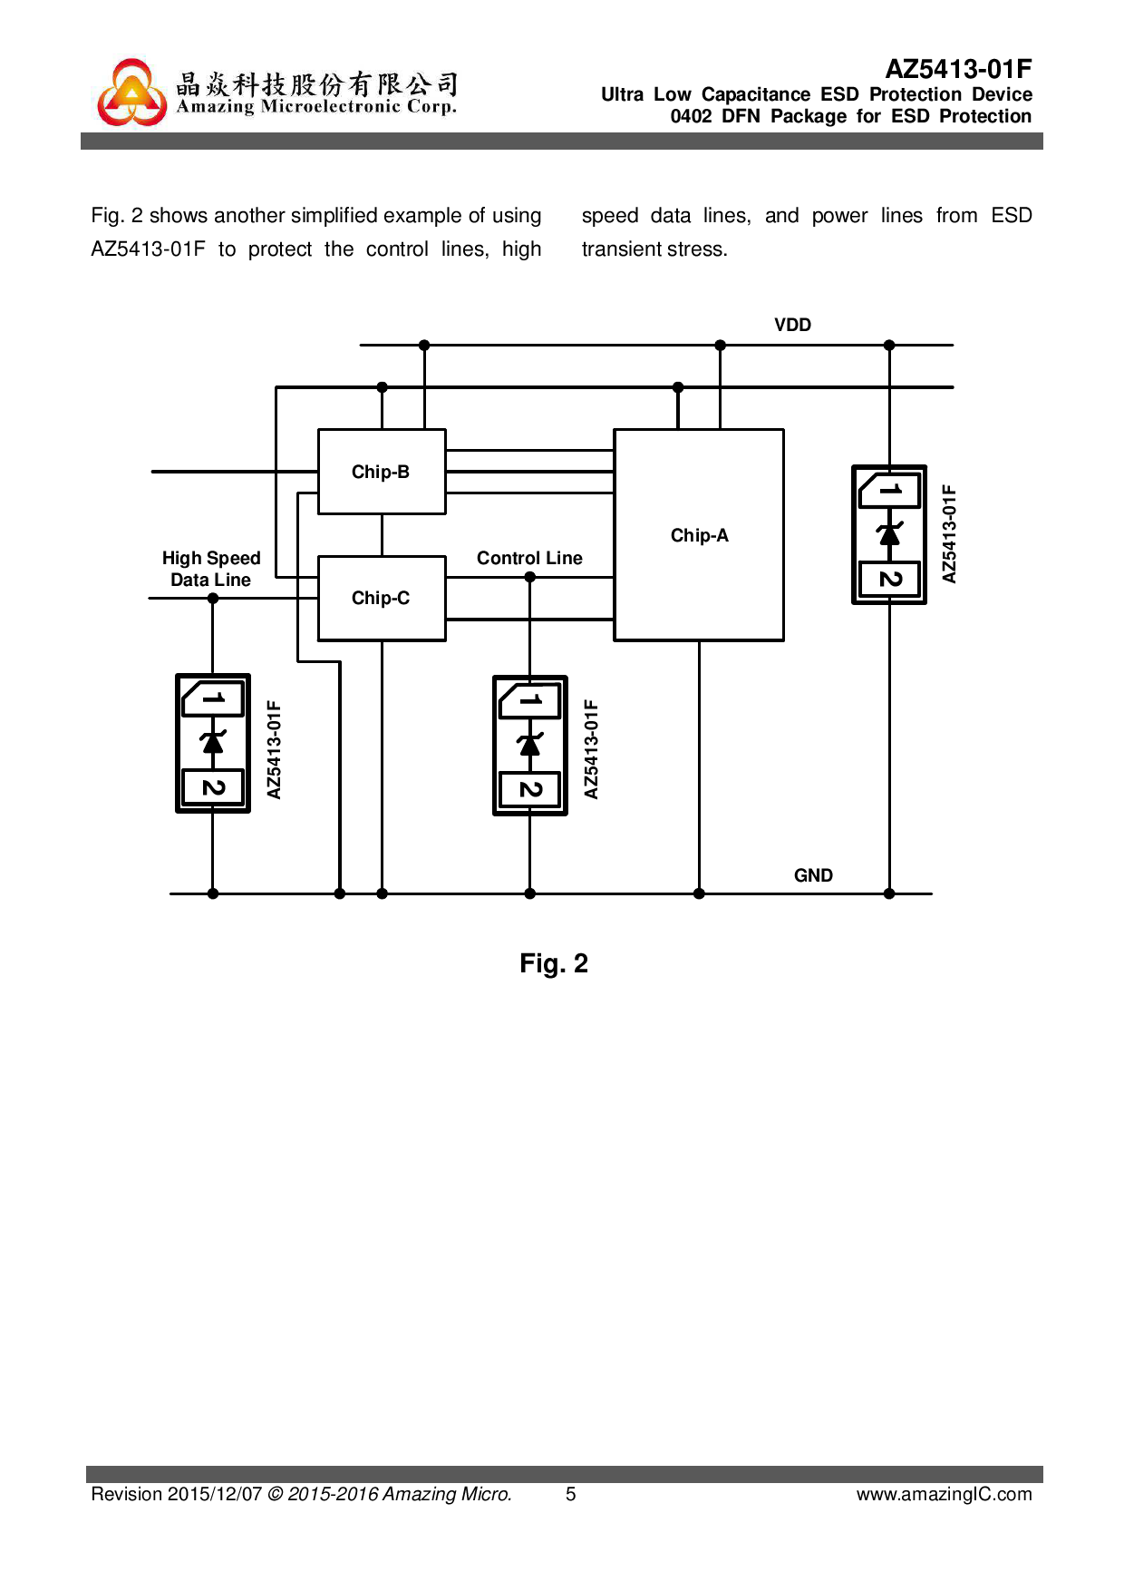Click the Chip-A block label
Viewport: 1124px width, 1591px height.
pyautogui.click(x=699, y=535)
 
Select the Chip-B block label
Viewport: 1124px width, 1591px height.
pyautogui.click(x=381, y=472)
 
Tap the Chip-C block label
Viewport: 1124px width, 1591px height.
pyautogui.click(x=381, y=598)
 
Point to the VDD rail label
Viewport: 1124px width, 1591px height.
pyautogui.click(x=792, y=325)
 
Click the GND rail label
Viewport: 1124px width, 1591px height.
pyautogui.click(x=813, y=875)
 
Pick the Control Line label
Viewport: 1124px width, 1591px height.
pyautogui.click(x=529, y=558)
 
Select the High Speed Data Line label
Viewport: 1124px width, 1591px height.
pyautogui.click(x=211, y=569)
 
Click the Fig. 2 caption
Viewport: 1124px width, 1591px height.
pyautogui.click(x=554, y=963)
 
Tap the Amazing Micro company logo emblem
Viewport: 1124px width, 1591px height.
pyautogui.click(x=132, y=93)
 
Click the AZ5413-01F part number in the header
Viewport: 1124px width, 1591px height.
pyautogui.click(x=958, y=69)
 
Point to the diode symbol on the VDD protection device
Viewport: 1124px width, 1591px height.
pyautogui.click(x=889, y=534)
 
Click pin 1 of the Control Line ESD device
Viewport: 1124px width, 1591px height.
pyautogui.click(x=530, y=700)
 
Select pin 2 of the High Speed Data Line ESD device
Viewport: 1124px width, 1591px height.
pyautogui.click(x=213, y=786)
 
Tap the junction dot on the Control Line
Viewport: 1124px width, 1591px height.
pyautogui.click(x=530, y=577)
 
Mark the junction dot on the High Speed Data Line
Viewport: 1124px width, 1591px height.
pyautogui.click(x=213, y=598)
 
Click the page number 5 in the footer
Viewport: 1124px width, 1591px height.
pyautogui.click(x=571, y=1494)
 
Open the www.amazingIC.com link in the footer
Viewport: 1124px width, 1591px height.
pyautogui.click(x=944, y=1494)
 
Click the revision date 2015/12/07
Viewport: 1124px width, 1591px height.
pyautogui.click(x=214, y=1494)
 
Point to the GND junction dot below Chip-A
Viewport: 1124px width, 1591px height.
pyautogui.click(x=699, y=893)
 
